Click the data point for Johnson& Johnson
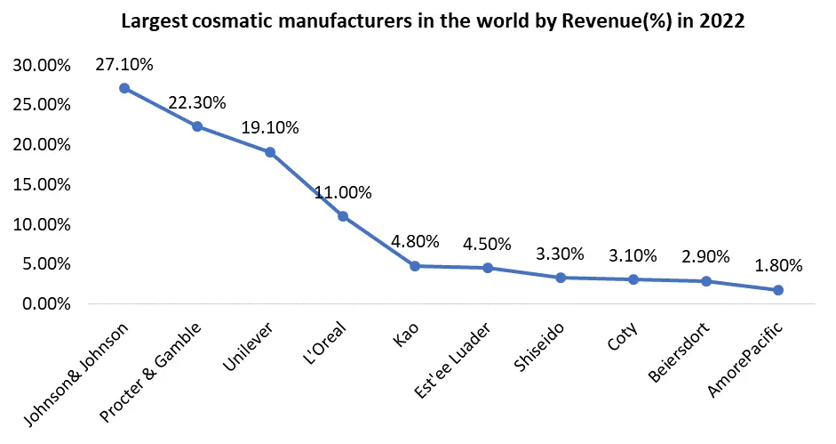(124, 88)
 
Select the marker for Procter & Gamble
(197, 126)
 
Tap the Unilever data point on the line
(270, 152)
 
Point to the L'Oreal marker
(343, 216)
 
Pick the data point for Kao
(415, 266)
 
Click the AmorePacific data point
(778, 290)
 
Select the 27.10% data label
(124, 64)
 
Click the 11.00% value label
(343, 192)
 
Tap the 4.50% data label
(487, 244)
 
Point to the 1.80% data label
(778, 265)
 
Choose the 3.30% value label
(560, 254)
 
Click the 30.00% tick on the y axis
(40, 65)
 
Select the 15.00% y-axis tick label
(40, 185)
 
